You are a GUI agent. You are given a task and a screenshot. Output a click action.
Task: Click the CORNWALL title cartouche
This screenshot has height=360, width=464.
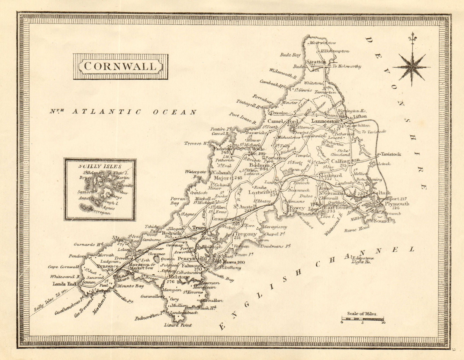point(120,66)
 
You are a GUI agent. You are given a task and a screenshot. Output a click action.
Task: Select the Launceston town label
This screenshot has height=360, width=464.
point(325,121)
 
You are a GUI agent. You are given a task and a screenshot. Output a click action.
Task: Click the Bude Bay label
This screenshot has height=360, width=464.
point(290,55)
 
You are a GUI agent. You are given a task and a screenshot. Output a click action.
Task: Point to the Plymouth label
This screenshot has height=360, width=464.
point(397,204)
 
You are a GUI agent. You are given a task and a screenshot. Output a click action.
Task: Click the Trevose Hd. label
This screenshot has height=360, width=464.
point(197,143)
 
